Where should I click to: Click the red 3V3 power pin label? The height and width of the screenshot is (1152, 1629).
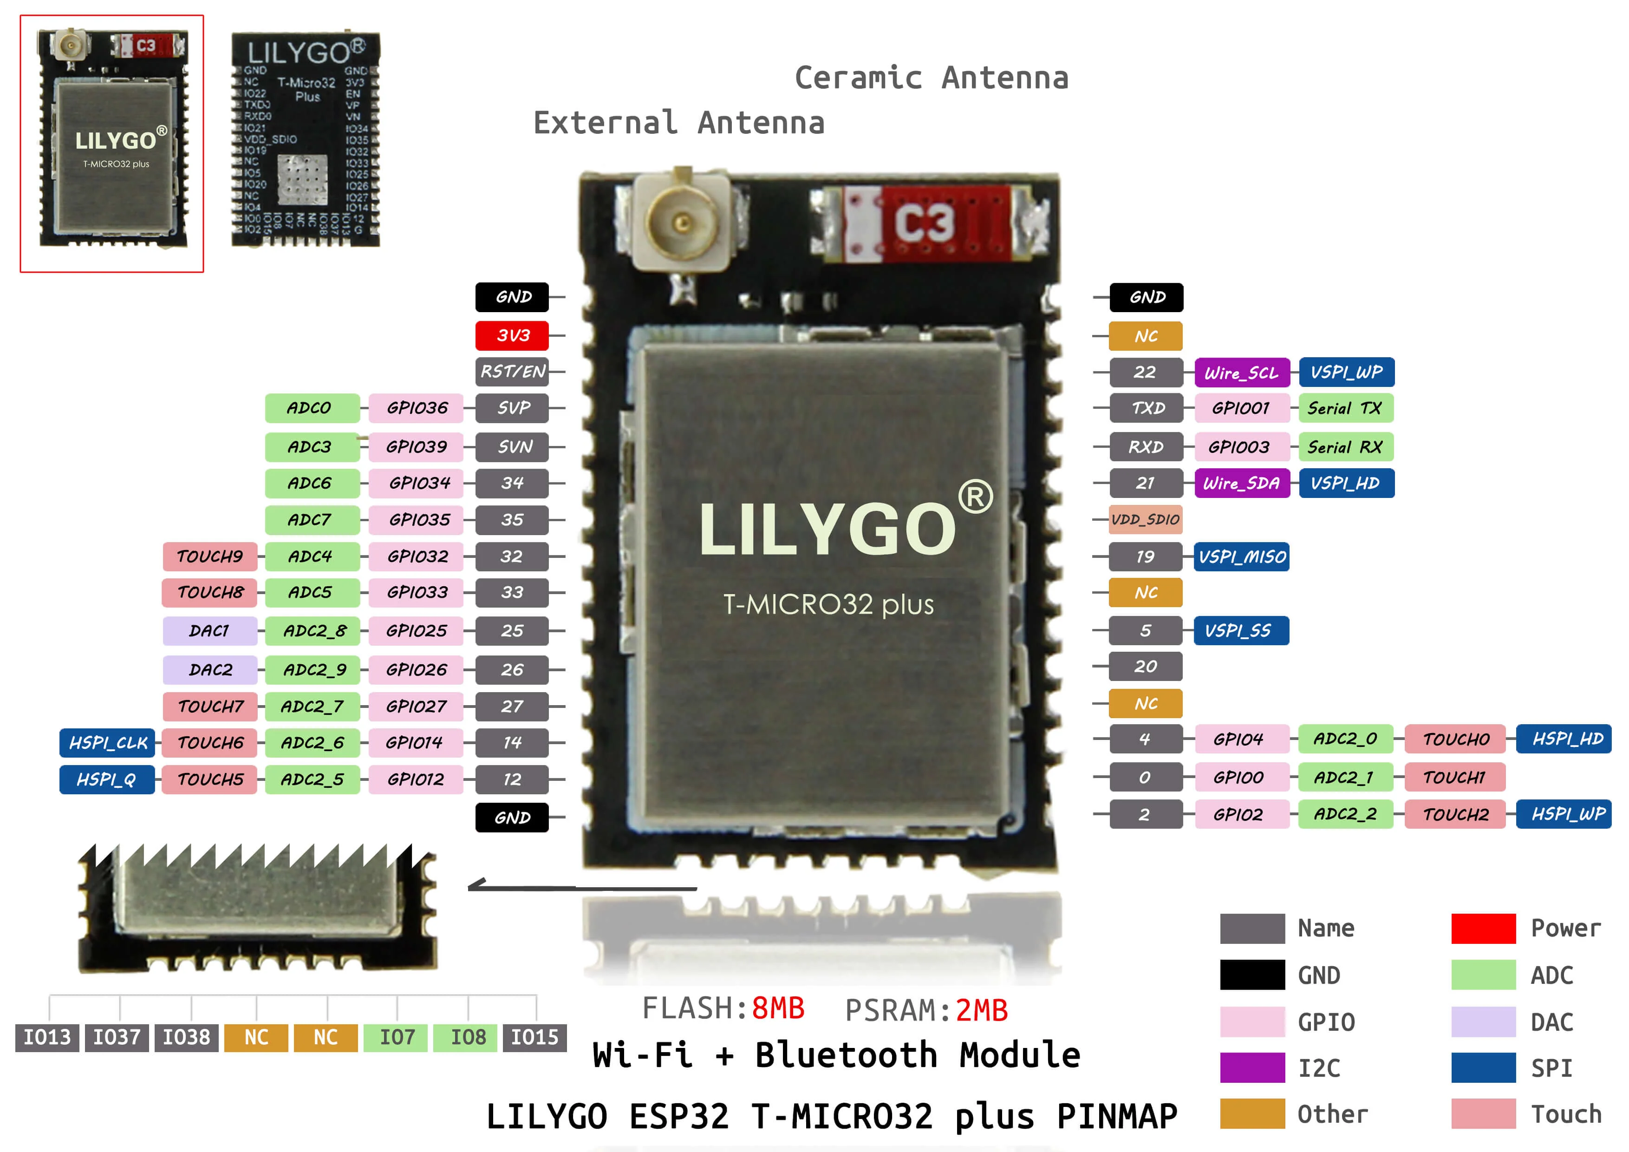(x=512, y=335)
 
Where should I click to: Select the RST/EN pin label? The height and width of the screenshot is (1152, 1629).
(x=512, y=371)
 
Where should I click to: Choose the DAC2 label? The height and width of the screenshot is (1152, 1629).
(x=210, y=669)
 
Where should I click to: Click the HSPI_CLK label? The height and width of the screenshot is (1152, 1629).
(x=108, y=742)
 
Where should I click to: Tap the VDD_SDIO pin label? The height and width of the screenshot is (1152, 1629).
(x=1145, y=520)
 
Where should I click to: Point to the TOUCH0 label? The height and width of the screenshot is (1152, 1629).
(x=1455, y=739)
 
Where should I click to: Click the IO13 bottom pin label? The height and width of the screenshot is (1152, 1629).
(x=47, y=1037)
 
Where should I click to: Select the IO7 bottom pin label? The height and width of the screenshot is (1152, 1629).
(x=397, y=1037)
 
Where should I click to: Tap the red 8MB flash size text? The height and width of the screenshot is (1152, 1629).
(x=778, y=1008)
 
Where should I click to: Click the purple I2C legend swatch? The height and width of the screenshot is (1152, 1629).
(x=1251, y=1067)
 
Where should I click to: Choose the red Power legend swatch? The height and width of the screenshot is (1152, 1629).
(x=1483, y=929)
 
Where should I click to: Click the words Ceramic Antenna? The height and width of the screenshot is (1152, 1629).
(x=931, y=78)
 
